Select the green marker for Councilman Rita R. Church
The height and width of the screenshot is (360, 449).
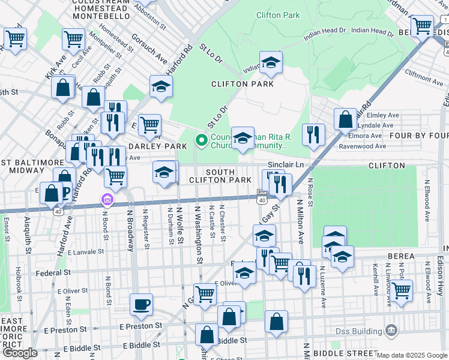pyautogui.click(x=201, y=141)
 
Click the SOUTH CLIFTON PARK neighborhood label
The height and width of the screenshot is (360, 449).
pyautogui.click(x=220, y=176)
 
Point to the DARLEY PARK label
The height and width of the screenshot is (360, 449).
pyautogui.click(x=157, y=146)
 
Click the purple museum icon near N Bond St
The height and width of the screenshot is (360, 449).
pyautogui.click(x=107, y=199)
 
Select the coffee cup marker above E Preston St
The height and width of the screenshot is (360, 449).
pyautogui.click(x=141, y=304)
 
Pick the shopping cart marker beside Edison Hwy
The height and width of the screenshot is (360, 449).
pyautogui.click(x=402, y=290)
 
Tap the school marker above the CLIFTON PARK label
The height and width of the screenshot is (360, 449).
pyautogui.click(x=271, y=62)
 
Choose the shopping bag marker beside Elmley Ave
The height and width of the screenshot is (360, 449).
pyautogui.click(x=346, y=119)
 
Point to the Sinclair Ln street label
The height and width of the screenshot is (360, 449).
pyautogui.click(x=304, y=164)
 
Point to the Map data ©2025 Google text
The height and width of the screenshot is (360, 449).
pyautogui.click(x=412, y=355)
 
